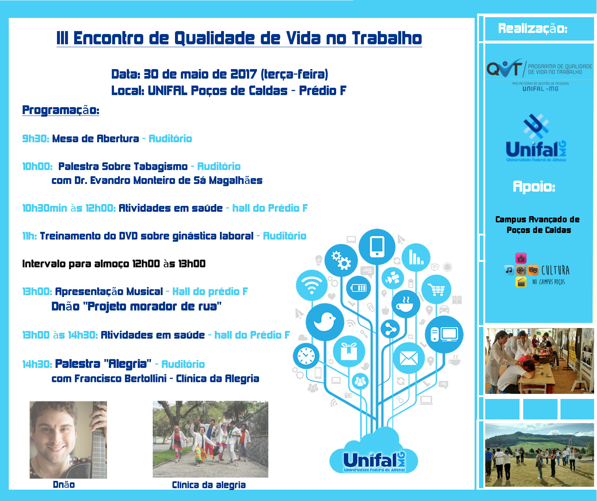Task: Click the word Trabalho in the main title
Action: click(x=387, y=38)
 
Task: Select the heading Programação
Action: click(x=61, y=110)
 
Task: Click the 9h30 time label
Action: click(x=36, y=139)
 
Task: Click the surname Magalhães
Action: click(x=236, y=181)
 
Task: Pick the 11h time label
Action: click(x=30, y=236)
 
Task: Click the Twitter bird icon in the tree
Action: click(x=325, y=322)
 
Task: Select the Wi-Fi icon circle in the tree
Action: click(x=312, y=285)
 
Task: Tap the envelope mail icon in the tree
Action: click(x=408, y=358)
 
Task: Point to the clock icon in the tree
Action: click(x=306, y=355)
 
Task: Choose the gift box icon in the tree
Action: click(x=349, y=351)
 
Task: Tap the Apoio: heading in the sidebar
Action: click(x=534, y=187)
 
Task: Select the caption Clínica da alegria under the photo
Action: click(x=209, y=485)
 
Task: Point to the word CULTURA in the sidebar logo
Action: click(x=555, y=270)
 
